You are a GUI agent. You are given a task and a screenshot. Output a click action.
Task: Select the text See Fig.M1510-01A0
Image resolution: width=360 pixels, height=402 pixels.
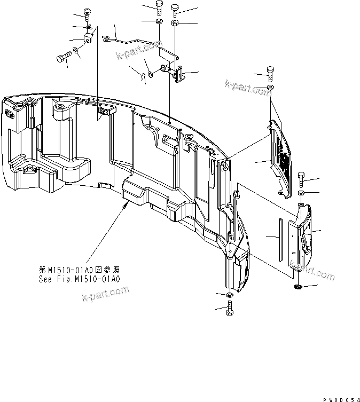click(x=80, y=278)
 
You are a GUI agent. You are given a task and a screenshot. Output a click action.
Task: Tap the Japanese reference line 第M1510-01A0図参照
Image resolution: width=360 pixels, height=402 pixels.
click(x=80, y=270)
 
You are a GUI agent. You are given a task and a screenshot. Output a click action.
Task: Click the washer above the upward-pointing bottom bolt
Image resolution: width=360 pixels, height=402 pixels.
click(x=229, y=295)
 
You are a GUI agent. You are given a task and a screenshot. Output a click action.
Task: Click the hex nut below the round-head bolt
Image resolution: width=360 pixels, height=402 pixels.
click(x=175, y=24)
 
